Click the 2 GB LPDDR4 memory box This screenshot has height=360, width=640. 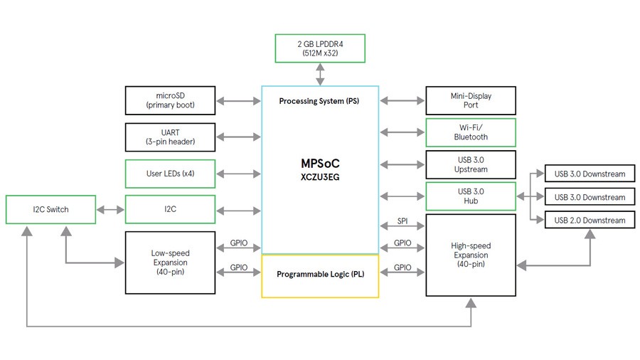pos(320,48)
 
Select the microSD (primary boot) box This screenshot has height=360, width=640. pos(170,100)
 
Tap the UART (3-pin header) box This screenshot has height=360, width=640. pos(170,137)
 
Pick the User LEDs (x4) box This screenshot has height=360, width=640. pos(170,174)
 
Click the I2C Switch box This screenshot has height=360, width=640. pos(50,209)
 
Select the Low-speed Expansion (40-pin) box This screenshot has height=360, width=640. pos(170,262)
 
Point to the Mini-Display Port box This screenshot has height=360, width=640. pos(471,100)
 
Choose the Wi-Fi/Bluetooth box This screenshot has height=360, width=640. pos(471,132)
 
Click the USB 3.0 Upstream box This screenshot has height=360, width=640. pos(471,164)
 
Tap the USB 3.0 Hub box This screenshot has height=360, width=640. pos(471,196)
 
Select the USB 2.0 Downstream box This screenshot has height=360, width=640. pos(589,220)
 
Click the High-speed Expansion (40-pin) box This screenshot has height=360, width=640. pos(471,255)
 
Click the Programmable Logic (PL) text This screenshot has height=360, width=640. pos(320,274)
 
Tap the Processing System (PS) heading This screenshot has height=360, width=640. pos(319,101)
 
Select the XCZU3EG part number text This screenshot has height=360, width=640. pos(320,177)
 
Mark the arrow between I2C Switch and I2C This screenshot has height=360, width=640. pos(110,210)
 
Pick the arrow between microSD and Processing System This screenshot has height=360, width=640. pos(238,101)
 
